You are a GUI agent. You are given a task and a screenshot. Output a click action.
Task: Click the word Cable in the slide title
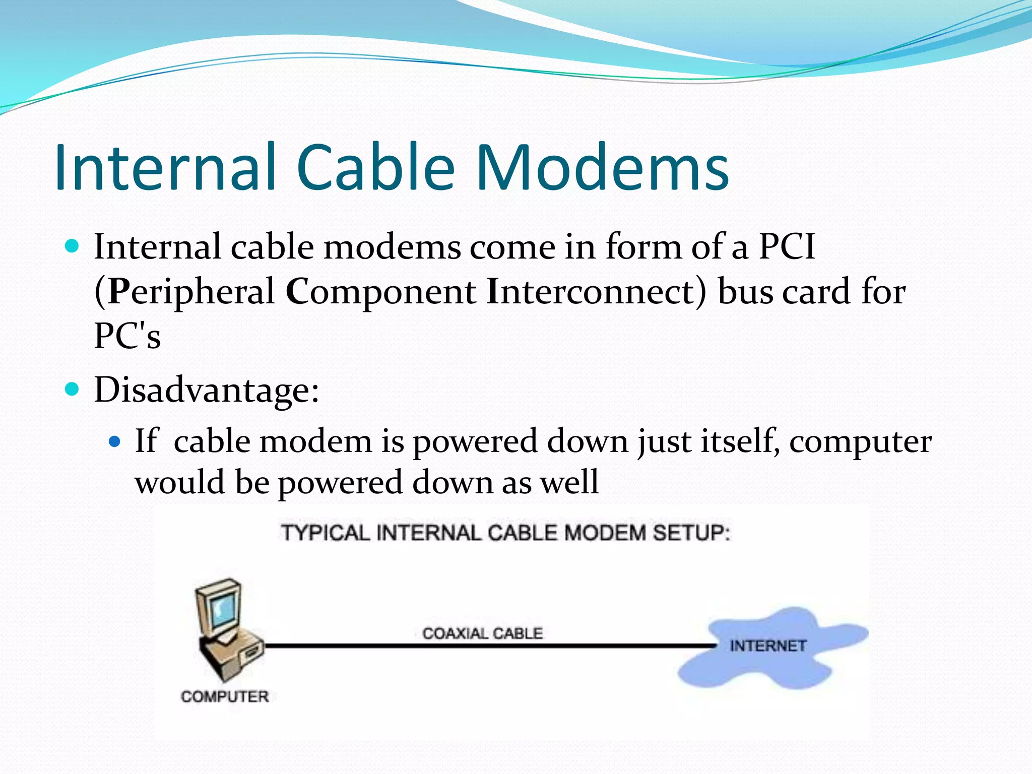coord(375,167)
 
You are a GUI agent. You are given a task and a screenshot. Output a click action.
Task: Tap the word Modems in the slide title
coord(602,167)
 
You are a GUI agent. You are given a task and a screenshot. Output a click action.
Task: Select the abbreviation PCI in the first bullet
coord(787,247)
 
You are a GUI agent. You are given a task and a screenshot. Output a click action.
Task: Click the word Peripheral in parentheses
coord(191,292)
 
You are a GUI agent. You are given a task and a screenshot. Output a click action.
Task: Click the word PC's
coord(127,336)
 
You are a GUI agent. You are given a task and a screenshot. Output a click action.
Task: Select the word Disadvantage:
coord(207,390)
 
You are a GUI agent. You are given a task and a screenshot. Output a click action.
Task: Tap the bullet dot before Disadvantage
coord(73,389)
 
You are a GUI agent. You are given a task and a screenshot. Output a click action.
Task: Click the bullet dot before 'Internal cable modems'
coord(73,246)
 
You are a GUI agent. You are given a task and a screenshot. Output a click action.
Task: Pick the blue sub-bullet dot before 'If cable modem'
coord(115,442)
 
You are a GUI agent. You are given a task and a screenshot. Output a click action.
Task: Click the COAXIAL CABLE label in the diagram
coord(482,633)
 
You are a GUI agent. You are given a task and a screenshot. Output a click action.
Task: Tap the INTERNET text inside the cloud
coord(768,646)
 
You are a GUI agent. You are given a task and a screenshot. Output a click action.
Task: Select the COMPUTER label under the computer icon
coord(225,696)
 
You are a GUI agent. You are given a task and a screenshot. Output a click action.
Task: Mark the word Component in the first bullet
coord(381,292)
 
